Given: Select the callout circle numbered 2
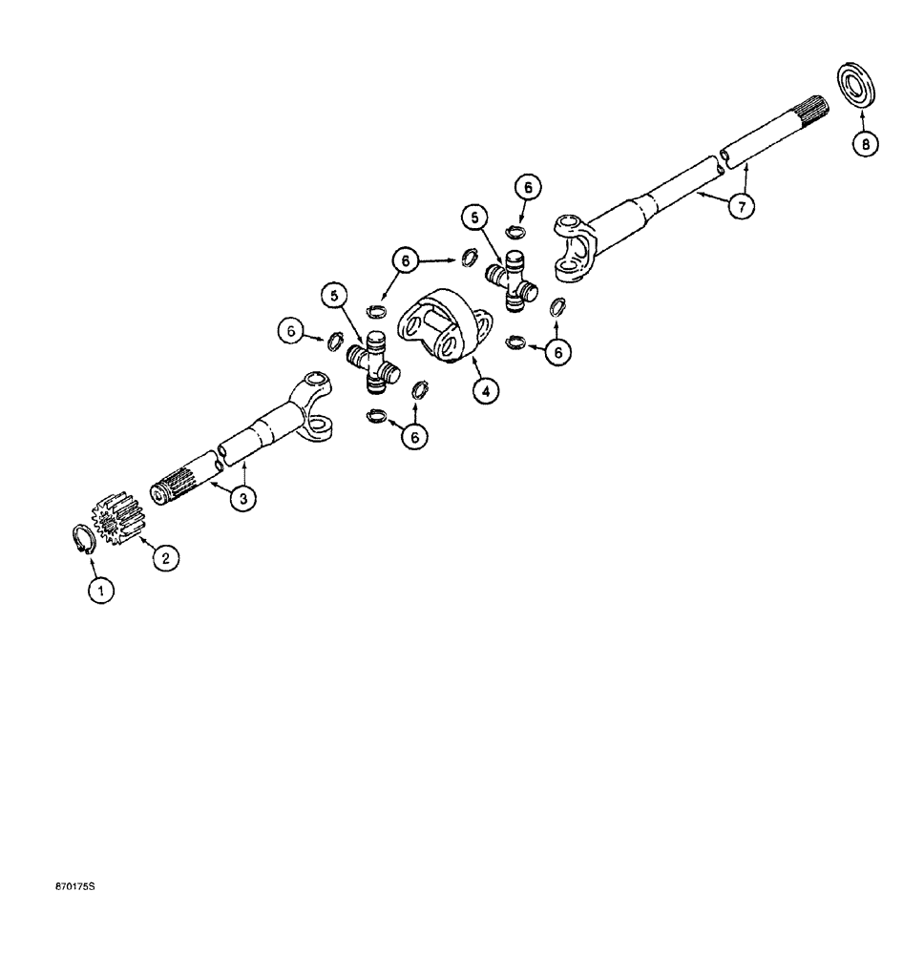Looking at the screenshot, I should pos(163,559).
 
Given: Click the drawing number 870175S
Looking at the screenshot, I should pos(75,887).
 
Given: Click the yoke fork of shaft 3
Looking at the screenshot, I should pos(313,401).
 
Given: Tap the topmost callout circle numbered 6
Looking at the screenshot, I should pos(529,187).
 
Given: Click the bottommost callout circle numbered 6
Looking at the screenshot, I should pos(414,436).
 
